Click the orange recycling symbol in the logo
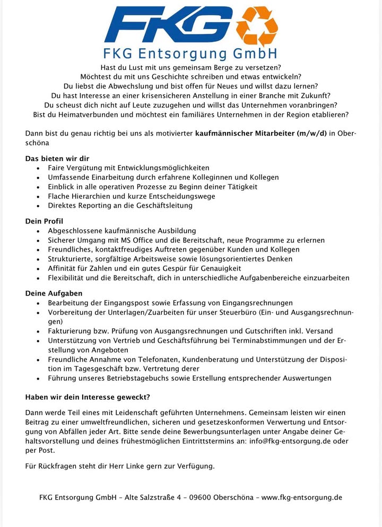click(257, 26)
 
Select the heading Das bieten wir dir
click(57, 158)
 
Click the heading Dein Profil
click(44, 221)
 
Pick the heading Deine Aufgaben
click(54, 293)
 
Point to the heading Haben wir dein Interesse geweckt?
click(88, 397)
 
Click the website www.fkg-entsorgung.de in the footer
click(302, 497)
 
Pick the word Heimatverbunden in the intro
click(76, 114)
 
